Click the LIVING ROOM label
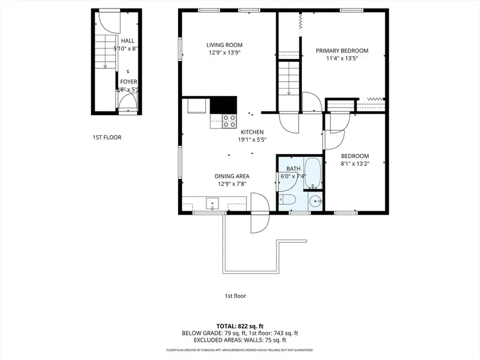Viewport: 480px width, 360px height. click(225, 45)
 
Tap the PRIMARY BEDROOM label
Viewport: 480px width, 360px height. click(342, 51)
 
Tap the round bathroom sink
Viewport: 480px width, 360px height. click(316, 202)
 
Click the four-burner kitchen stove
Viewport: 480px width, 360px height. click(229, 121)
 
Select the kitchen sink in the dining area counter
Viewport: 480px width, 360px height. click(212, 203)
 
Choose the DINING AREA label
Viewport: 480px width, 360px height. click(232, 177)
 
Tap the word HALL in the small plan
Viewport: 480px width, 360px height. click(128, 41)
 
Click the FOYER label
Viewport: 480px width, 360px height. click(128, 82)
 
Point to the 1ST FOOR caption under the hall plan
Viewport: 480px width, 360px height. click(107, 138)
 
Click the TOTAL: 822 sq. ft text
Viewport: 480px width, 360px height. click(239, 325)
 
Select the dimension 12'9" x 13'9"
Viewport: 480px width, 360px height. click(225, 52)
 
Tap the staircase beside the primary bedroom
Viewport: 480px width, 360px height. click(289, 77)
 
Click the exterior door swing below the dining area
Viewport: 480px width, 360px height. click(259, 213)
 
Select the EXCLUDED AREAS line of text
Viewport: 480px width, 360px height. click(239, 340)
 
